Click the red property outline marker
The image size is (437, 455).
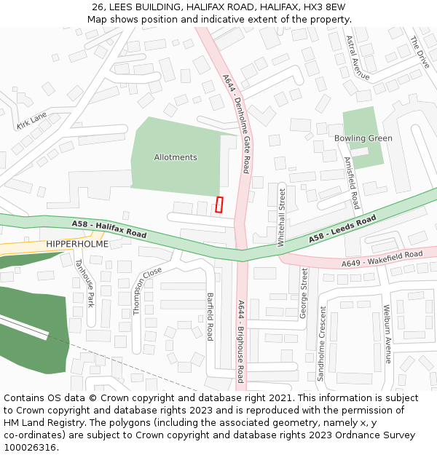[219, 205]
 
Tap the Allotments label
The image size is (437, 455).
[176, 157]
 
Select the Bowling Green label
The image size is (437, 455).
[363, 138]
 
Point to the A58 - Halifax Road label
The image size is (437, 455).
[109, 229]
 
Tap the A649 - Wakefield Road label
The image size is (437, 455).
[381, 258]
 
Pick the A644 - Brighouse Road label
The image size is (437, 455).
[240, 341]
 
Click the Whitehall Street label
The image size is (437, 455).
[282, 218]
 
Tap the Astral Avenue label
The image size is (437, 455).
[358, 58]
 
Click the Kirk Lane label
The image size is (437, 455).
[31, 121]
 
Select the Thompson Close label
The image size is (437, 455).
[147, 290]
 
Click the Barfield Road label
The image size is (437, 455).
[210, 317]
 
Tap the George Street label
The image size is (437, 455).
[304, 293]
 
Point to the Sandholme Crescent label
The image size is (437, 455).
[320, 343]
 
